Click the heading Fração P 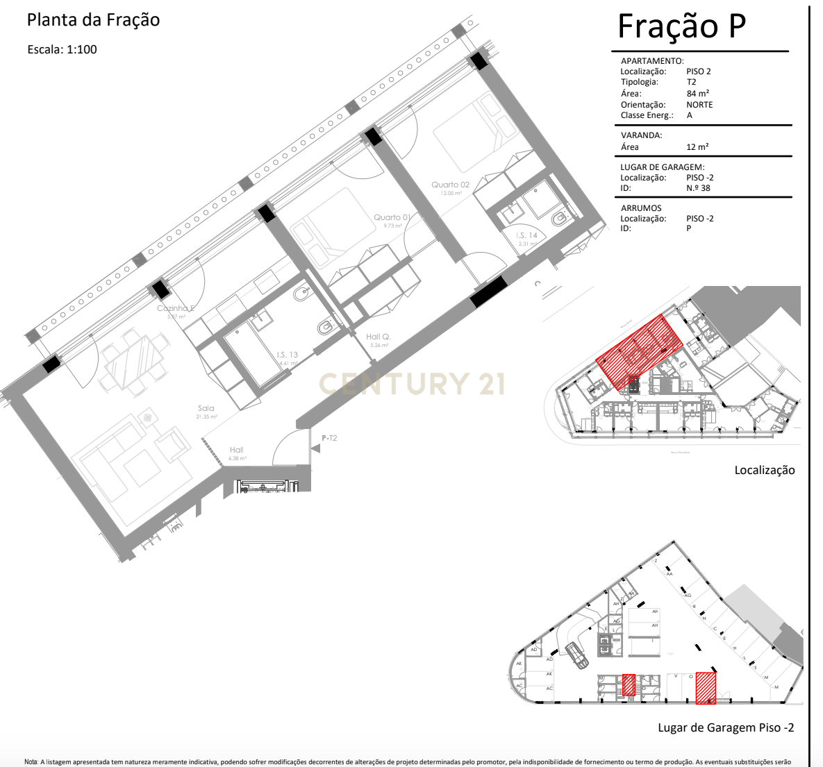tap(681, 26)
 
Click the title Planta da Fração tap(93, 20)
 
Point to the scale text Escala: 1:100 tap(62, 49)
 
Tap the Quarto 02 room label tap(450, 185)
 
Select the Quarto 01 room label tap(392, 217)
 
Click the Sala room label tap(206, 408)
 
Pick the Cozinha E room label tap(175, 308)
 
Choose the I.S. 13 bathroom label tap(287, 355)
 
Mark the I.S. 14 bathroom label tap(526, 236)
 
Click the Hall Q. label tap(379, 337)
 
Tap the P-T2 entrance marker tap(329, 438)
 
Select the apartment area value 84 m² tap(697, 94)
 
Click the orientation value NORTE tap(699, 105)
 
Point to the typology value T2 tap(691, 82)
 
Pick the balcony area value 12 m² tap(697, 147)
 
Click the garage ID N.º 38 tap(698, 188)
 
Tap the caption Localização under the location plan tap(764, 471)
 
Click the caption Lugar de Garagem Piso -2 tap(726, 728)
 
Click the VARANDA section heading tap(641, 135)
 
